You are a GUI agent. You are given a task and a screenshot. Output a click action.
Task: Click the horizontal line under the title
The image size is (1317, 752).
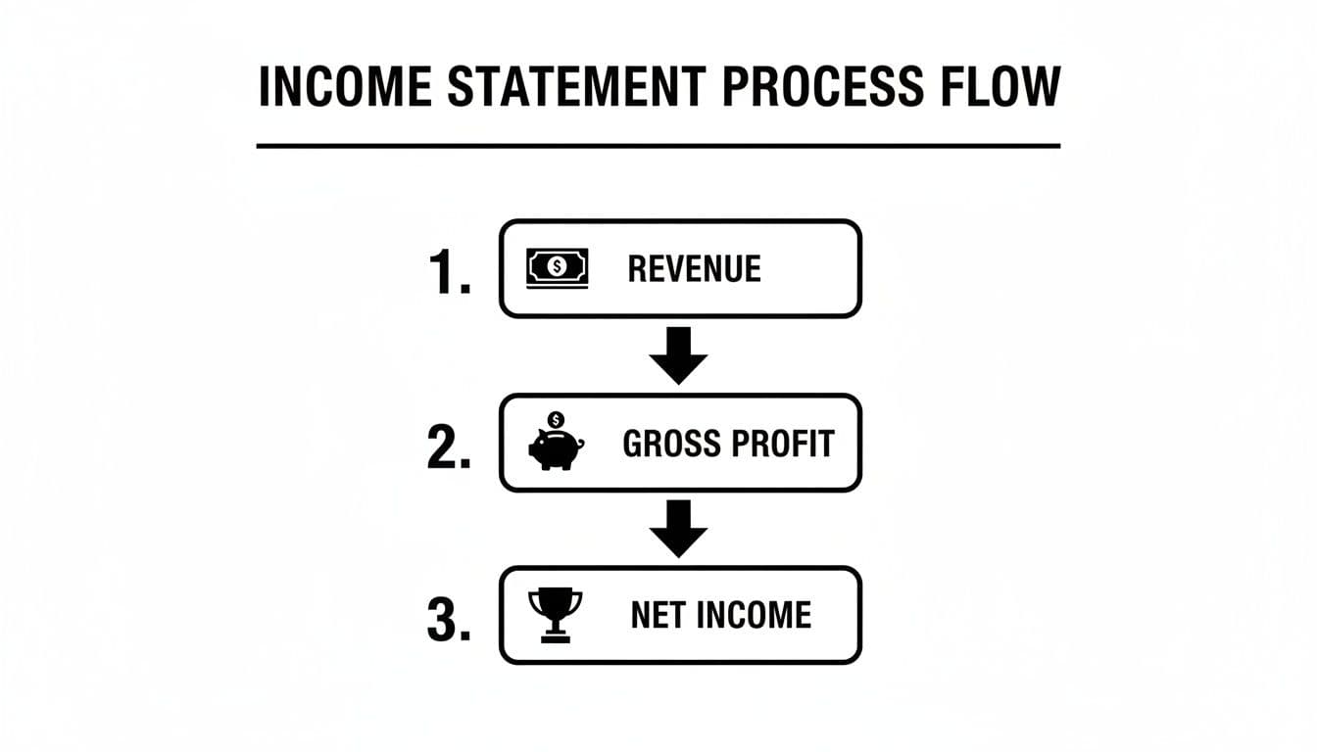pyautogui.click(x=658, y=146)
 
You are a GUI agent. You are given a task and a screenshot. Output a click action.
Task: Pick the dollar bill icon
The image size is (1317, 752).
pyautogui.click(x=558, y=267)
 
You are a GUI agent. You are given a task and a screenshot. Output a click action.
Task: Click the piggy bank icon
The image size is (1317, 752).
pyautogui.click(x=556, y=447)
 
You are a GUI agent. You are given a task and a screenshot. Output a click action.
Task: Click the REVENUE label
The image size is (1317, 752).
pyautogui.click(x=694, y=268)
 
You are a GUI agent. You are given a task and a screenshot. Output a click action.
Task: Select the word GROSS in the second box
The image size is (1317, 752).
pyautogui.click(x=669, y=444)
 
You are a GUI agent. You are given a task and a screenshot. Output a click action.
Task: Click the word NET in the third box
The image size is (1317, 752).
pyautogui.click(x=657, y=616)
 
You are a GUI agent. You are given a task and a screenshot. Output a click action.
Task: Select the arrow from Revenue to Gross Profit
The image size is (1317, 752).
pyautogui.click(x=679, y=354)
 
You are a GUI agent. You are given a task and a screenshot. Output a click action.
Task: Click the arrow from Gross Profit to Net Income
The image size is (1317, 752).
pyautogui.click(x=679, y=529)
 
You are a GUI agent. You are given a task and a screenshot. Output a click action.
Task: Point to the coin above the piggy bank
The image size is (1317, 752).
pyautogui.click(x=557, y=420)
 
